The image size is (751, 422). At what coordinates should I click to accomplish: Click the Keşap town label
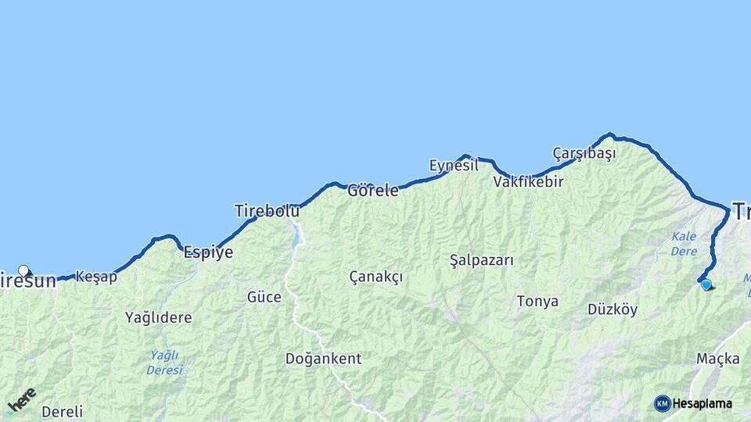(96, 277)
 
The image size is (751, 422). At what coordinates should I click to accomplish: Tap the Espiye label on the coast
(207, 252)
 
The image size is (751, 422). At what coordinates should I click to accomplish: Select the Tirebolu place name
(267, 211)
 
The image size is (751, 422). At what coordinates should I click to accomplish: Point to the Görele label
(373, 190)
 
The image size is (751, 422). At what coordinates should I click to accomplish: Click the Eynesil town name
(454, 166)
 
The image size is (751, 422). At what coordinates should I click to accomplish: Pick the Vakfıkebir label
(528, 181)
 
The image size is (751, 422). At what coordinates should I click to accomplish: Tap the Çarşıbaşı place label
(584, 153)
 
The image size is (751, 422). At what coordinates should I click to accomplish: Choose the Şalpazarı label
(482, 260)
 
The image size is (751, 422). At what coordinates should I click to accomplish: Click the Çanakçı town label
(375, 277)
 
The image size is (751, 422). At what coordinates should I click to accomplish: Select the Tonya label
(537, 301)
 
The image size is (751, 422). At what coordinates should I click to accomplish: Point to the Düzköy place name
(613, 309)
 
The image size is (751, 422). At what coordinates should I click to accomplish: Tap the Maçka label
(717, 359)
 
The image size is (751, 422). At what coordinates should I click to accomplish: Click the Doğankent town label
(323, 359)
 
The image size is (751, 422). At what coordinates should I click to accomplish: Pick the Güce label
(264, 297)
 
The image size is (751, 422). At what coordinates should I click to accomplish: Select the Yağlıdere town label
(158, 317)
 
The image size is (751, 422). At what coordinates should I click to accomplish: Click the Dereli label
(62, 411)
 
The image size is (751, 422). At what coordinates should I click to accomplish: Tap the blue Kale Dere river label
(684, 243)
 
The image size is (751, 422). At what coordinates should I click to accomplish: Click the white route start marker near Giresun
(23, 271)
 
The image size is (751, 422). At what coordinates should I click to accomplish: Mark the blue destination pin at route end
(706, 284)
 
